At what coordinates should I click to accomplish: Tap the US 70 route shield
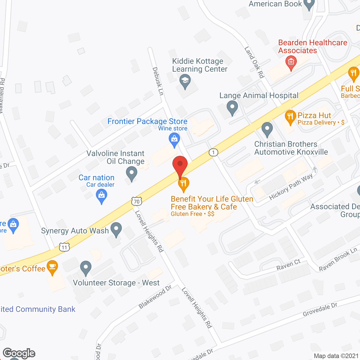tap(137, 201)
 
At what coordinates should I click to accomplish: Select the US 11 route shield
tap(64, 247)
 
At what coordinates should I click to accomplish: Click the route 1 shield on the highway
tap(213, 152)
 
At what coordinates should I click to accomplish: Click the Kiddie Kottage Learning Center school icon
tap(185, 82)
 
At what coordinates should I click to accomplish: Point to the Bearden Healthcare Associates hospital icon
tap(291, 62)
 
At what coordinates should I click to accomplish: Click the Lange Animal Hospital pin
tap(232, 108)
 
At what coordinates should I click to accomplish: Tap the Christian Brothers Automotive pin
tap(267, 129)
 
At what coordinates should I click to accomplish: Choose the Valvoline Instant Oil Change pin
tap(131, 173)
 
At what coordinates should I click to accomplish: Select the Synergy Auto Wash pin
tap(116, 229)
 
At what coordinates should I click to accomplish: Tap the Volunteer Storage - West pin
tap(86, 267)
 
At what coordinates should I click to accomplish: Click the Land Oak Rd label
tap(254, 62)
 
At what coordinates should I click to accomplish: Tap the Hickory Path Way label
tap(291, 187)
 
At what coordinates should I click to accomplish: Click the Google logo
tap(19, 353)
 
